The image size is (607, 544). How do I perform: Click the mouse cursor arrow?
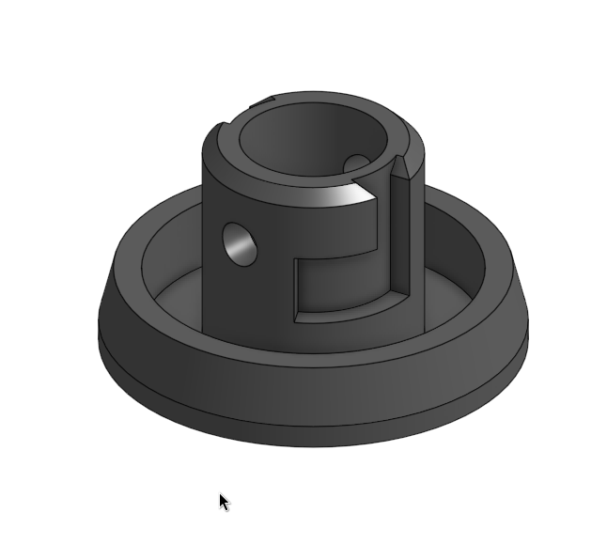(x=224, y=502)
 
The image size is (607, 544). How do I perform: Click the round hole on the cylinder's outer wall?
(x=240, y=243)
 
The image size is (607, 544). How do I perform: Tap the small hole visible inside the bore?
(x=357, y=165)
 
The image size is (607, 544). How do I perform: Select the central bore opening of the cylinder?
(x=310, y=141)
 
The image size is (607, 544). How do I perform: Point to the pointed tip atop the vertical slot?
(x=401, y=164)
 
